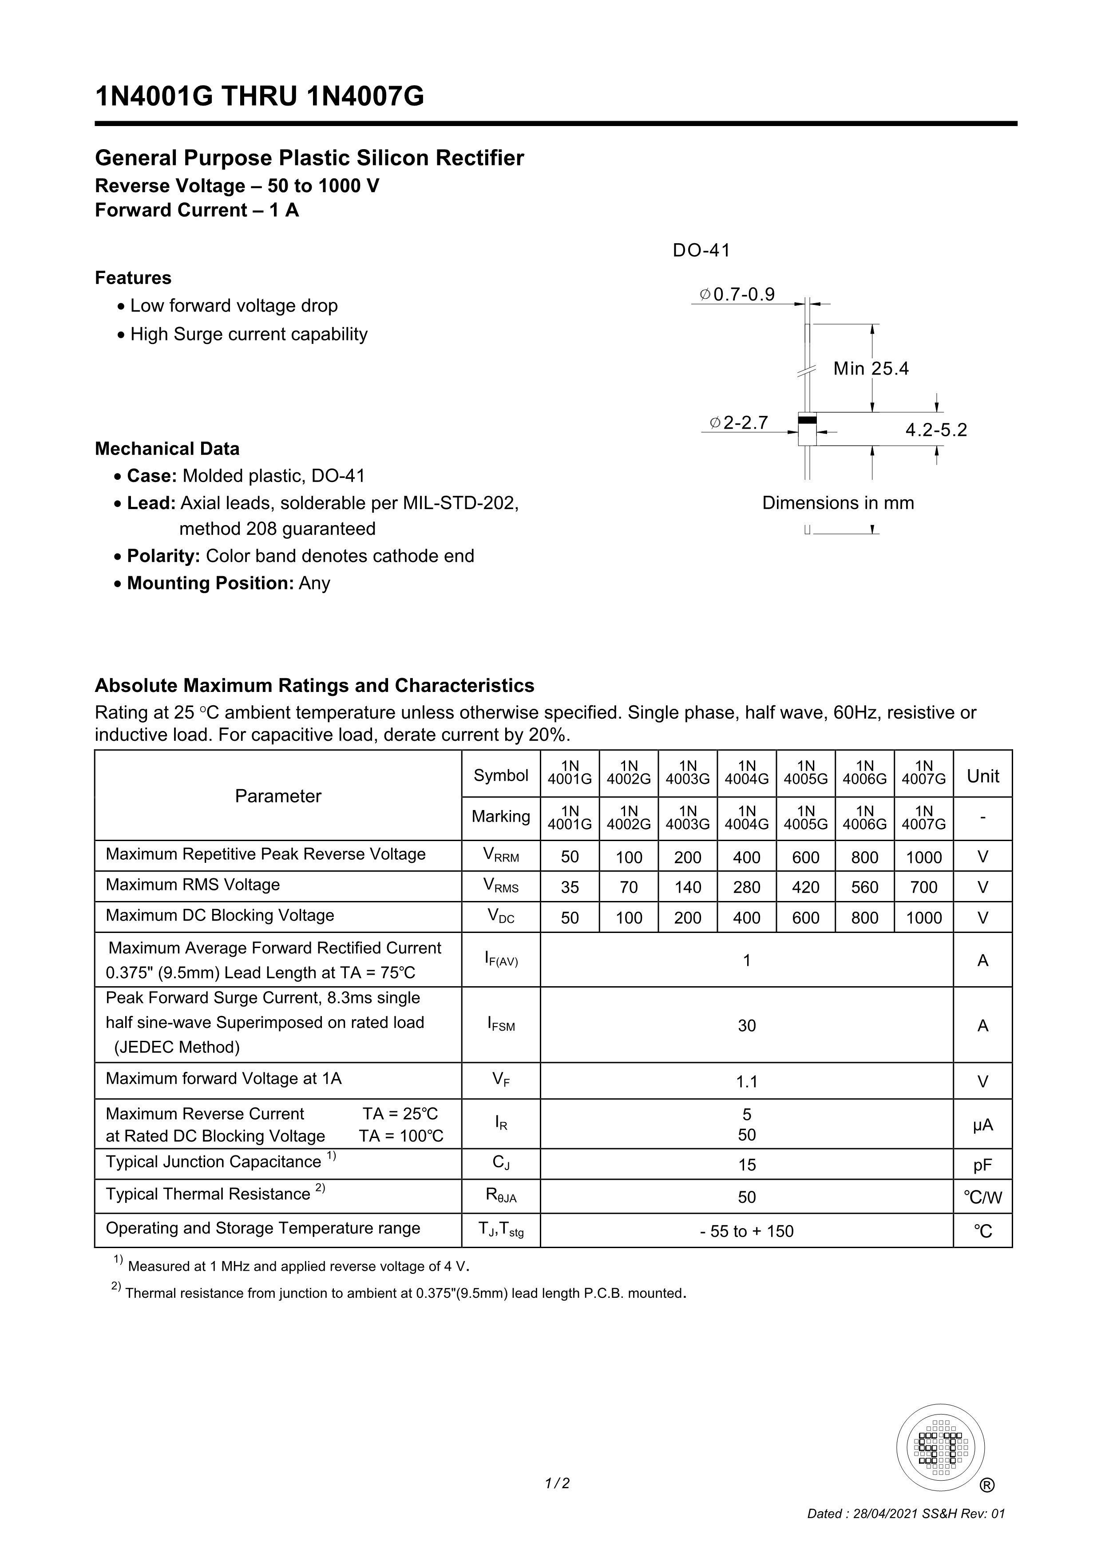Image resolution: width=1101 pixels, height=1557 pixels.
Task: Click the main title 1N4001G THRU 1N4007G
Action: coord(259,96)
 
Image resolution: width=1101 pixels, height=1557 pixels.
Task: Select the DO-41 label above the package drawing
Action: coord(701,250)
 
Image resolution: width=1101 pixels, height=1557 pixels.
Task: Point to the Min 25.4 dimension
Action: coord(871,369)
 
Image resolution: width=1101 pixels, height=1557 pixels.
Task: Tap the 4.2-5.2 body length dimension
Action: coord(936,430)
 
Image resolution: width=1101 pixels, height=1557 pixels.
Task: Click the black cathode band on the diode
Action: coord(807,420)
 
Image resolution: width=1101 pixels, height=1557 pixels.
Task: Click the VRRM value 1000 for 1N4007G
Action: coord(923,857)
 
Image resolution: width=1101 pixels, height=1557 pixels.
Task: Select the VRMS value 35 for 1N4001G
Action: coord(570,887)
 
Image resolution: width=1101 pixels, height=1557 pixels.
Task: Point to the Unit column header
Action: coord(982,776)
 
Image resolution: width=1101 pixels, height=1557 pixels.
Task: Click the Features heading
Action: coord(133,278)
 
